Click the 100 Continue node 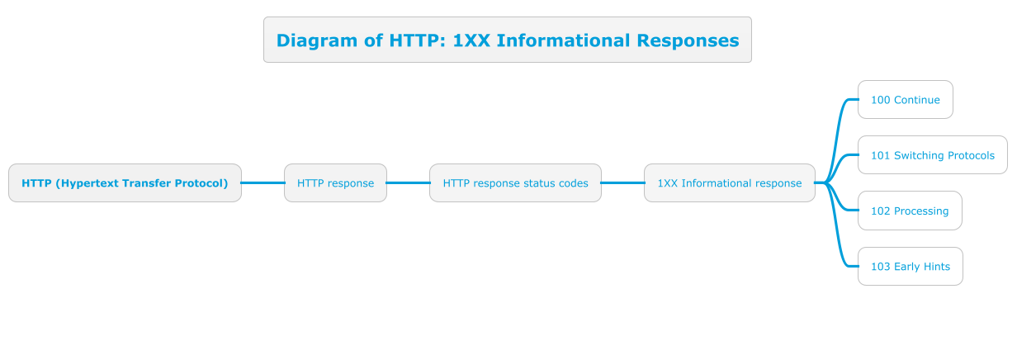coord(906,100)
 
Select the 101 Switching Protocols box coord(933,155)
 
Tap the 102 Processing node coord(910,211)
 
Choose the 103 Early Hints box coord(911,267)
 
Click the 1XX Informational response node coord(730,183)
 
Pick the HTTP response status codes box coord(515,183)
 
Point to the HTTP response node coord(335,183)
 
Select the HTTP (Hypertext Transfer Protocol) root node coord(125,183)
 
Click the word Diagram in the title coord(317,40)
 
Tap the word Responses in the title coord(688,40)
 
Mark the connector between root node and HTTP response coord(263,183)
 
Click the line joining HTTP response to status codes coord(408,183)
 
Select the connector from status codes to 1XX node coord(623,183)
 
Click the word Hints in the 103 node coord(937,267)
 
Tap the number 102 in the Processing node coord(880,211)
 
